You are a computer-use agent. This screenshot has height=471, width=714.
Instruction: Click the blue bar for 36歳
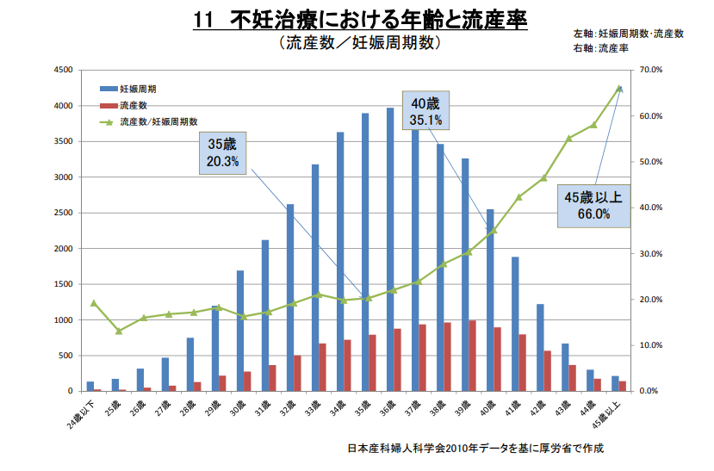[x=390, y=250]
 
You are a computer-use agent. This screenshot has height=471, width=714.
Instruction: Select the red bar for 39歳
[x=473, y=356]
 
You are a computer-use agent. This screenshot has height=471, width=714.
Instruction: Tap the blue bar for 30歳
[x=240, y=331]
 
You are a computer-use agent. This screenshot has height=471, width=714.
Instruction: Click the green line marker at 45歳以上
[x=618, y=88]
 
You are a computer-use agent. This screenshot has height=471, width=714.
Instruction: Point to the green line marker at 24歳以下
[x=94, y=303]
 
